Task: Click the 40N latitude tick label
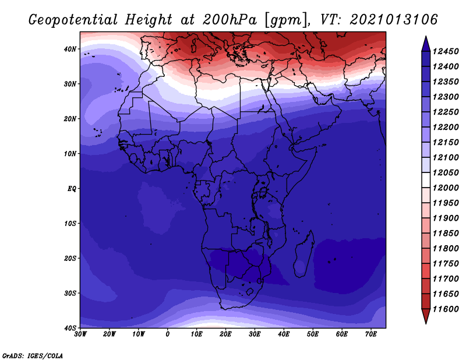point(70,49)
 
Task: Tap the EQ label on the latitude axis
point(72,189)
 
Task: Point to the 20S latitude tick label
point(70,258)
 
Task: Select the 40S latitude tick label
point(70,328)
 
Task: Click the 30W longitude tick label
point(80,334)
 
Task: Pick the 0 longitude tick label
point(168,334)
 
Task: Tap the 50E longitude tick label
point(313,334)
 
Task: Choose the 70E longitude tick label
point(371,334)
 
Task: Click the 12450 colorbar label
point(445,51)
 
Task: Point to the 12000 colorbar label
point(445,188)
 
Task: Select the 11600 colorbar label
point(445,309)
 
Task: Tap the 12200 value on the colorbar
point(445,127)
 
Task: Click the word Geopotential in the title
point(73,20)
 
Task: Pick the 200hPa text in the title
point(230,20)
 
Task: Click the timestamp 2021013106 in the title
point(394,19)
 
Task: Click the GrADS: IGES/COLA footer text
point(33,355)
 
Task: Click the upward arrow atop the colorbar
point(426,44)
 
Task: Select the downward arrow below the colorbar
point(426,316)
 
